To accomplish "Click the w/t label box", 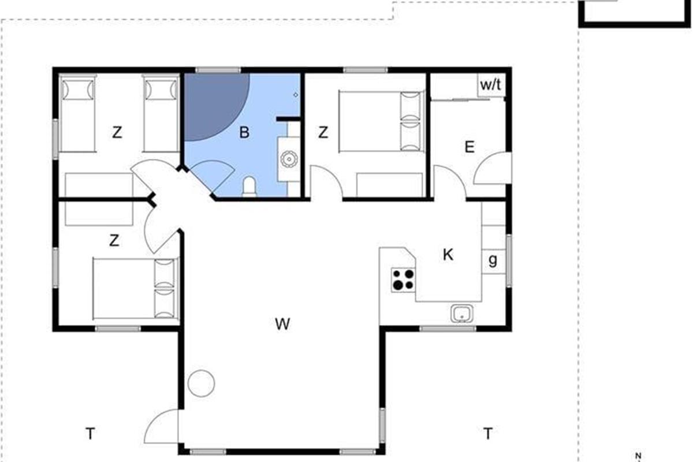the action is (x=491, y=85).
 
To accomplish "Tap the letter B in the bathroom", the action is (x=244, y=132).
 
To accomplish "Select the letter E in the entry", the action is (x=470, y=147).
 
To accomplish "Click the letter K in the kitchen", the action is (x=448, y=255).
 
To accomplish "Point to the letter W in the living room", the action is (x=282, y=324).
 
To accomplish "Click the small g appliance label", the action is (x=493, y=260).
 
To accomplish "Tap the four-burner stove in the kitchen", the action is (x=403, y=280).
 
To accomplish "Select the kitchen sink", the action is (x=461, y=314).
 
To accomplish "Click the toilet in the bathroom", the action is (x=249, y=187).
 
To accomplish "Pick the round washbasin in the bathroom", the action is (x=289, y=159).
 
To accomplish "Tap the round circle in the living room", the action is (x=201, y=383).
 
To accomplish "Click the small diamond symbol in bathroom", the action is (x=296, y=95).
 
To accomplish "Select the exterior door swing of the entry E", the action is (x=492, y=168).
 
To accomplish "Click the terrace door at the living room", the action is (x=161, y=426).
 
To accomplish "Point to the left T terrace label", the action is (x=90, y=434).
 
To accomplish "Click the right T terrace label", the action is (x=488, y=433).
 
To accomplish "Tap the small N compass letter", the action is (x=638, y=455).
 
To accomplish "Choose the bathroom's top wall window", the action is (x=218, y=70).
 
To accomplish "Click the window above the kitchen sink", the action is (x=448, y=329).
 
